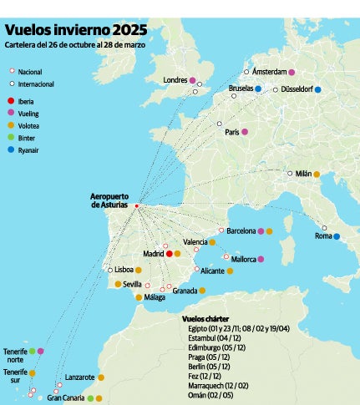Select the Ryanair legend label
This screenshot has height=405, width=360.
click(x=30, y=150)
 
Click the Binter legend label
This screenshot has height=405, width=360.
click(x=28, y=138)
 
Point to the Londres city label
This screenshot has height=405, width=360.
click(x=175, y=80)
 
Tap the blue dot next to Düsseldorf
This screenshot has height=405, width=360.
click(x=318, y=89)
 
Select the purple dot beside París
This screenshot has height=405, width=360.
click(x=245, y=131)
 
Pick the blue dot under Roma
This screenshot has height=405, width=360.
click(x=337, y=236)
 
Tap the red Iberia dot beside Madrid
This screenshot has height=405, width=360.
click(x=169, y=253)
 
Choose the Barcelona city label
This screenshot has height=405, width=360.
click(x=241, y=230)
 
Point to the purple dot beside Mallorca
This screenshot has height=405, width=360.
click(x=261, y=259)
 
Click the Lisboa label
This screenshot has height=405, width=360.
click(x=124, y=270)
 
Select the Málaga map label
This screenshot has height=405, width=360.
click(x=155, y=297)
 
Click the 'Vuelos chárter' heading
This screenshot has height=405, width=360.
click(x=205, y=319)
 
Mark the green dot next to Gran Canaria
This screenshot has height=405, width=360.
click(x=90, y=398)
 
